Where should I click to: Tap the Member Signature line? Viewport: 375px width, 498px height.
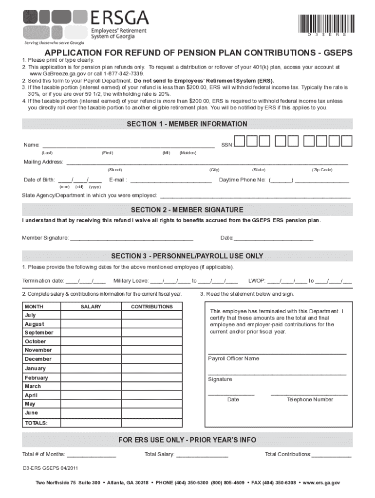[131, 238]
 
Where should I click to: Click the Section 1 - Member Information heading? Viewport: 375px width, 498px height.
[187, 124]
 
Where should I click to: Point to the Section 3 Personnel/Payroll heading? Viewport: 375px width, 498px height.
[187, 256]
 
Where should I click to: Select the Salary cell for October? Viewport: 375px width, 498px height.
[91, 341]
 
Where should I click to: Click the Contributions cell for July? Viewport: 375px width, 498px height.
[151, 315]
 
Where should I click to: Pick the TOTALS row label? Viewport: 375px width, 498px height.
[37, 423]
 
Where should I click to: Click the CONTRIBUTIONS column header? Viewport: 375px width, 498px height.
[151, 307]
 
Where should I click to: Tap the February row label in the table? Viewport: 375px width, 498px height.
[37, 378]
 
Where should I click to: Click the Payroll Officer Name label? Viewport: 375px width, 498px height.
[234, 359]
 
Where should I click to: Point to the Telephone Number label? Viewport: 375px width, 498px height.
[310, 400]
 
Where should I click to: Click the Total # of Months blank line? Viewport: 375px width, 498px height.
[92, 454]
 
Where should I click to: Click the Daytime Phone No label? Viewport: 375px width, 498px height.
[242, 180]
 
